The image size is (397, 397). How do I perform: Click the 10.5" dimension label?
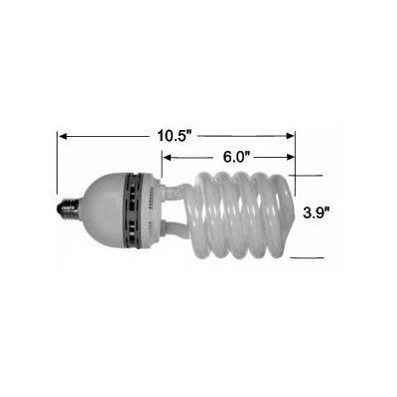(175, 136)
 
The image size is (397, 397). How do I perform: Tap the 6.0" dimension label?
(236, 157)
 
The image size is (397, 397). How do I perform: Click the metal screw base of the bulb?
(67, 209)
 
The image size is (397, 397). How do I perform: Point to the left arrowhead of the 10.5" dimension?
(63, 136)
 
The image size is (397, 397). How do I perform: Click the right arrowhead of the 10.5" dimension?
(290, 136)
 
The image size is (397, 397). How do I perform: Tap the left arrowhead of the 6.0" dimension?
(168, 158)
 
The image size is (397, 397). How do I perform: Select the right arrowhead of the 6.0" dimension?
(290, 157)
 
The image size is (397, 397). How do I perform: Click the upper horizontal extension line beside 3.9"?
(306, 176)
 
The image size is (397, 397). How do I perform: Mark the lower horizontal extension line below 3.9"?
(307, 257)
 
